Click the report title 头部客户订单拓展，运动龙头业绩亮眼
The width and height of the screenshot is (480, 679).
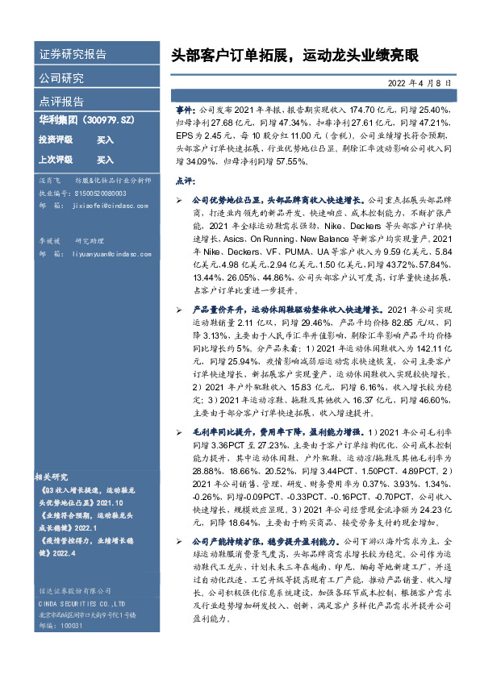(x=296, y=57)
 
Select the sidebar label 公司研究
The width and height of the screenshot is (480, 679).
(x=61, y=78)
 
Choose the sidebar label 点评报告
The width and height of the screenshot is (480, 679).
(x=61, y=102)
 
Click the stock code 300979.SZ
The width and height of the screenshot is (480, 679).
(x=118, y=119)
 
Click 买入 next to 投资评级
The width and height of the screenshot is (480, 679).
(x=105, y=140)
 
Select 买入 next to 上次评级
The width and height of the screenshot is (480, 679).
(x=105, y=160)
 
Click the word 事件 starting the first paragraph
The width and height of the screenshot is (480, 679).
(x=184, y=108)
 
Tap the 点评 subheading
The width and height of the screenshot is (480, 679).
(x=185, y=180)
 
